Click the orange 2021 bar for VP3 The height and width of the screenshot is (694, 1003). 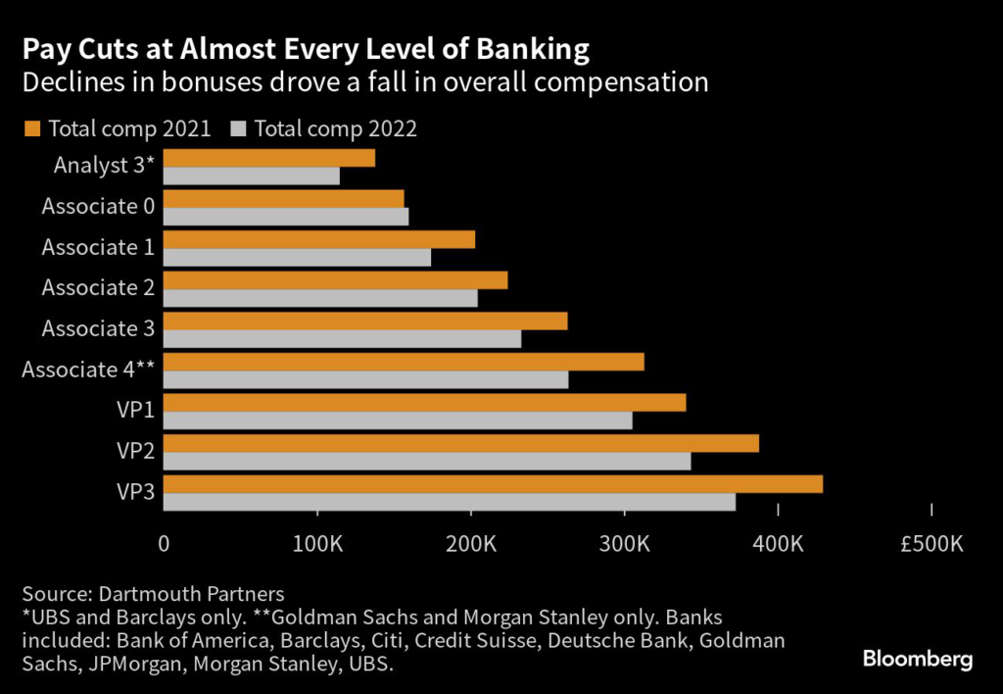493,484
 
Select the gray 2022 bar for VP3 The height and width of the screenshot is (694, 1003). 449,502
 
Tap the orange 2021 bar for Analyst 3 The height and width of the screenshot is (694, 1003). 268,159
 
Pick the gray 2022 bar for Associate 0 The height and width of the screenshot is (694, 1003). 285,217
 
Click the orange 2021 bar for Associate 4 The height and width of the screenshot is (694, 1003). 403,362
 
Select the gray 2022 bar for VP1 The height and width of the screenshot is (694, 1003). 397,421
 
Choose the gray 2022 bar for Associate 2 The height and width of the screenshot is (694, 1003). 320,298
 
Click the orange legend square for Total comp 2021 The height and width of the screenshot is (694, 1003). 32,128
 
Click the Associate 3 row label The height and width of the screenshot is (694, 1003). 98,328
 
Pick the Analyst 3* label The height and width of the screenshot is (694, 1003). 105,165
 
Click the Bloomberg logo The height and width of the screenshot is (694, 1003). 918,659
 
